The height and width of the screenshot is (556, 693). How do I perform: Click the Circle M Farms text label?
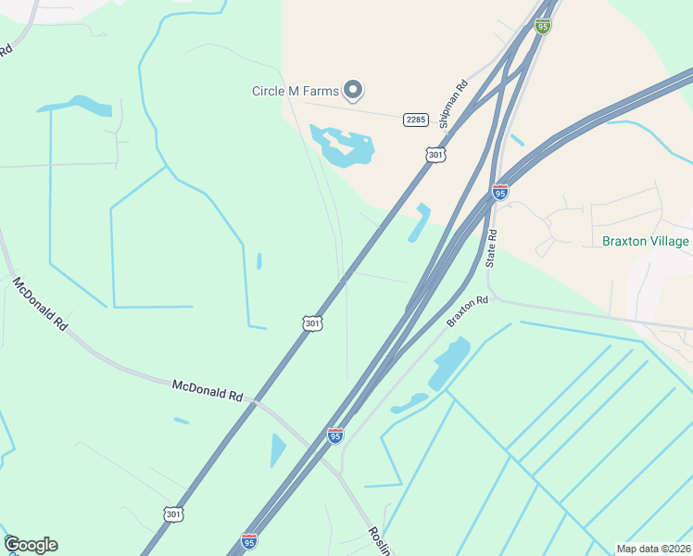[295, 91]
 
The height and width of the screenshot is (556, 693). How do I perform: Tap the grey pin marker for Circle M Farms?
[352, 90]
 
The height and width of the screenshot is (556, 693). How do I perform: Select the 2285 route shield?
[415, 120]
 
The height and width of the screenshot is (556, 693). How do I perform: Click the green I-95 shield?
[543, 26]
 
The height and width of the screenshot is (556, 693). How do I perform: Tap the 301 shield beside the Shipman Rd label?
[434, 155]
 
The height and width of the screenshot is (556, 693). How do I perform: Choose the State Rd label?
[493, 247]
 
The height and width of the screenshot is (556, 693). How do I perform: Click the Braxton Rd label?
[467, 310]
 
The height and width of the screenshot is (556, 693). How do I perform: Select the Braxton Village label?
[646, 242]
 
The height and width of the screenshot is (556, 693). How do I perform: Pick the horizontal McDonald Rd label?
[207, 390]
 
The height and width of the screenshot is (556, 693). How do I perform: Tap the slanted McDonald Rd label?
[40, 303]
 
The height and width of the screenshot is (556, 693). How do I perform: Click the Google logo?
[31, 545]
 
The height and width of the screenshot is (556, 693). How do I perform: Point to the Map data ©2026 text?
[653, 549]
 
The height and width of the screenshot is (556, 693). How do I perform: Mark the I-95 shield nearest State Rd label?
[500, 192]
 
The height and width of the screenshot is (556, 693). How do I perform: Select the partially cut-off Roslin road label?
[380, 539]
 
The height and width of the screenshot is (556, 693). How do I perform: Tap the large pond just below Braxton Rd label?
[447, 362]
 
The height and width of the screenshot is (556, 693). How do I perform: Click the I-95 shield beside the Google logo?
[249, 540]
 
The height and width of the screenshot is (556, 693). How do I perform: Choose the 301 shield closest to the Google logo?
[173, 512]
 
